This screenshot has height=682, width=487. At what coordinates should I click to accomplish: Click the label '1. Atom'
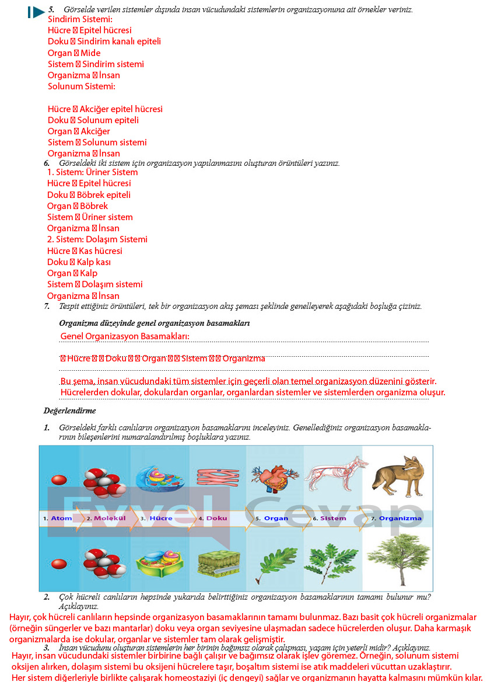click(x=57, y=518)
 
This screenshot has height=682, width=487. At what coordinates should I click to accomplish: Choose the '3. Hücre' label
click(x=157, y=518)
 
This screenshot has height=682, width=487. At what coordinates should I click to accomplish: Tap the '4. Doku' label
click(x=213, y=518)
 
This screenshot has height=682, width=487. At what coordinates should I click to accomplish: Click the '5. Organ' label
click(x=272, y=518)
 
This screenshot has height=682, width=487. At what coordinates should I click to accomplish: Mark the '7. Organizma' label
click(x=396, y=518)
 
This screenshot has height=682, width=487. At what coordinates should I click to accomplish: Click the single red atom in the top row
click(x=59, y=480)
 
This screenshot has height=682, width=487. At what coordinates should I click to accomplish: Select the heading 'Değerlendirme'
click(x=69, y=411)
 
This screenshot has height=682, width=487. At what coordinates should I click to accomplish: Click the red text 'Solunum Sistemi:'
click(x=82, y=86)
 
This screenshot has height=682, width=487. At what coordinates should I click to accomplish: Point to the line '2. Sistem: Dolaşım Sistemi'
click(x=97, y=239)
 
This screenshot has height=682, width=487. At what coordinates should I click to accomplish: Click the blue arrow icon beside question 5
click(x=37, y=12)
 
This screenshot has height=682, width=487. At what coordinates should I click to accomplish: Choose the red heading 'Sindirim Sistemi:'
click(x=80, y=19)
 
